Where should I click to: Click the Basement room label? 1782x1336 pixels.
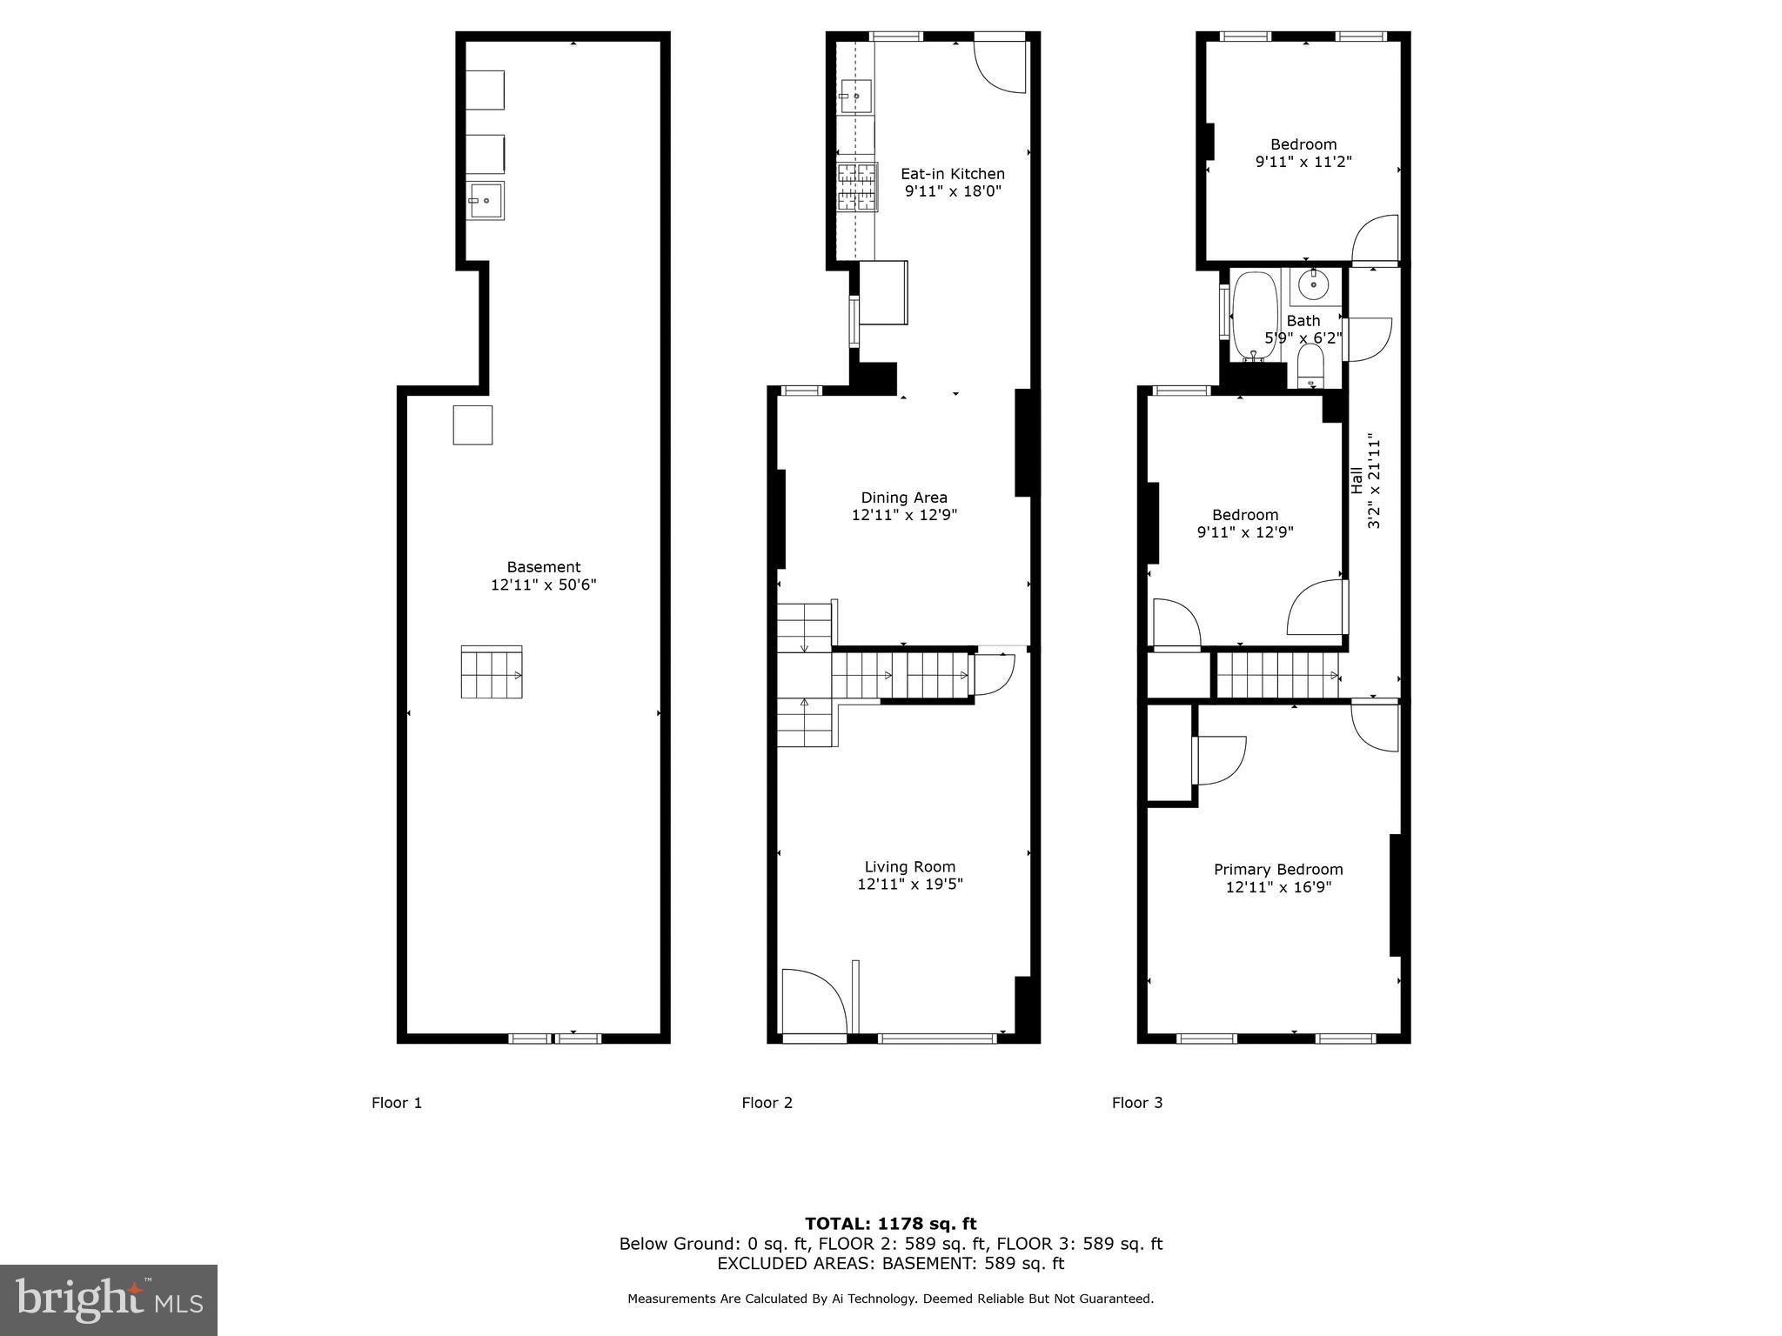[x=544, y=567]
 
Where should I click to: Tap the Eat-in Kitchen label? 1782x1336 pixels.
[x=952, y=174]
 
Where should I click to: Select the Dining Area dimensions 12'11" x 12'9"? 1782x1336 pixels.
[x=904, y=515]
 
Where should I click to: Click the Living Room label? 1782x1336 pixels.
[x=909, y=866]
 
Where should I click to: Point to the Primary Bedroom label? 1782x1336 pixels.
[x=1278, y=870]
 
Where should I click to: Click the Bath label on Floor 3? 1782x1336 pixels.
[x=1303, y=321]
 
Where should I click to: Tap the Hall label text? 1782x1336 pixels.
[x=1357, y=481]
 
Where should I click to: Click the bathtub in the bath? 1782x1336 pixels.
[x=1254, y=315]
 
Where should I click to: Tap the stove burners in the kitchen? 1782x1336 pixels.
[x=856, y=187]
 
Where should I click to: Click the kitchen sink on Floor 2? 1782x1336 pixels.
[x=855, y=97]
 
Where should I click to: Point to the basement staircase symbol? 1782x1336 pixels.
[x=492, y=672]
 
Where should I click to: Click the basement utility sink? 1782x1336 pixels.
[x=485, y=200]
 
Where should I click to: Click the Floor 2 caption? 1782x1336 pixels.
[x=767, y=1103]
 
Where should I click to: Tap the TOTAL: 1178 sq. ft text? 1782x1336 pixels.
[x=890, y=1224]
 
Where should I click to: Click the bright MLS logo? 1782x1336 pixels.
[x=108, y=1299]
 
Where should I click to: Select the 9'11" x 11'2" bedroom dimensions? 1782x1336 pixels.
[x=1303, y=162]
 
